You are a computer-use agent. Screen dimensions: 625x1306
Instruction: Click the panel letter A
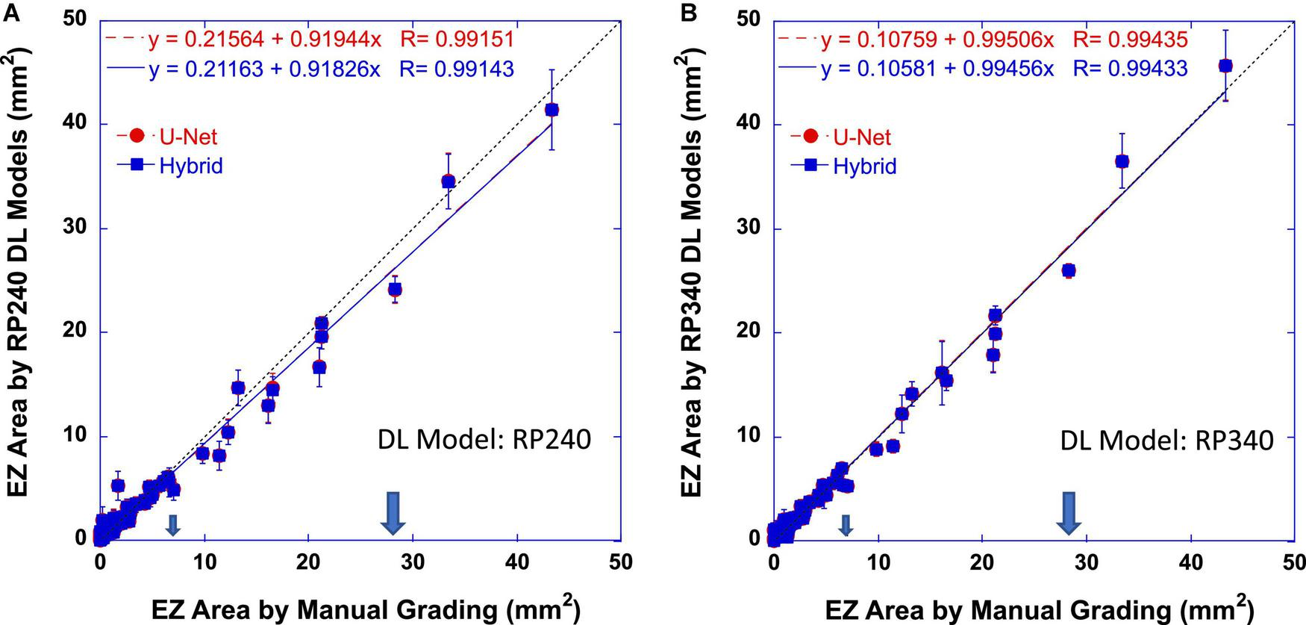point(10,11)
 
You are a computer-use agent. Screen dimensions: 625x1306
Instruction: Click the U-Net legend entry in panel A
point(169,137)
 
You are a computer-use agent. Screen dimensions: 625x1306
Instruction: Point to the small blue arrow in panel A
point(172,526)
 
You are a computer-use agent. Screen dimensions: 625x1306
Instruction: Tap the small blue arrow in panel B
point(846,526)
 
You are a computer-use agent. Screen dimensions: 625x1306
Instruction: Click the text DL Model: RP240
point(484,440)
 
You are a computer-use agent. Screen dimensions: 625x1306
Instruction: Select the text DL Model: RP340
point(1166,441)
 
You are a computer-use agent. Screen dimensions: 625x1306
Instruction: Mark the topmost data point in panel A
point(552,110)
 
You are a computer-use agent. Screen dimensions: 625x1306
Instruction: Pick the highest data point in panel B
point(1225,66)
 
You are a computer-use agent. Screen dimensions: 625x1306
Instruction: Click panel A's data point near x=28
point(395,289)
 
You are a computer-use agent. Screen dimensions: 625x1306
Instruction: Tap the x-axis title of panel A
point(366,609)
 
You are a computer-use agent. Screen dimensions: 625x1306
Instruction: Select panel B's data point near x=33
point(1122,161)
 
